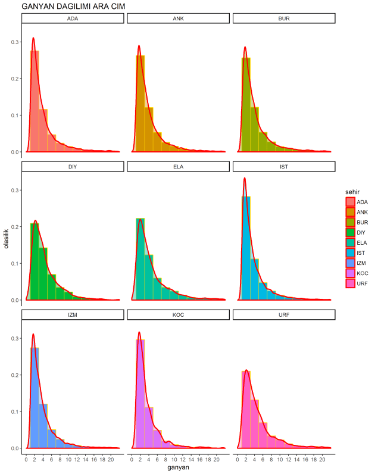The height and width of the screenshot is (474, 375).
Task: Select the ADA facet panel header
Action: pyautogui.click(x=73, y=18)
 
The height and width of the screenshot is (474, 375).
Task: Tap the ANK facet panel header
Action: pyautogui.click(x=178, y=18)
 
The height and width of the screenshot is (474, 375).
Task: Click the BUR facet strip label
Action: pyautogui.click(x=284, y=18)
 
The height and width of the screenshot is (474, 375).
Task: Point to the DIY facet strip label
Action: pyautogui.click(x=73, y=166)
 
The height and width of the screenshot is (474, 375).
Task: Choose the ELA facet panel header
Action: pyautogui.click(x=178, y=166)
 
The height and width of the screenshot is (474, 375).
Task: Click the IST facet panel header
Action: pyautogui.click(x=284, y=166)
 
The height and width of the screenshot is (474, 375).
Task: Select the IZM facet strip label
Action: pyautogui.click(x=73, y=314)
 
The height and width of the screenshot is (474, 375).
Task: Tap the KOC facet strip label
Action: pyautogui.click(x=178, y=314)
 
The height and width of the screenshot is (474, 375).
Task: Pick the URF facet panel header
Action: pyautogui.click(x=284, y=314)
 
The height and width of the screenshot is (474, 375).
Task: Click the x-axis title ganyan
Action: pyautogui.click(x=178, y=467)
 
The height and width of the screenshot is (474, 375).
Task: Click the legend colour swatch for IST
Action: pyautogui.click(x=351, y=252)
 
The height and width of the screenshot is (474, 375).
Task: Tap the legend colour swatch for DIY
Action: pyautogui.click(x=351, y=232)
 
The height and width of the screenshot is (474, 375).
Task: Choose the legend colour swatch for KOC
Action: pyautogui.click(x=351, y=273)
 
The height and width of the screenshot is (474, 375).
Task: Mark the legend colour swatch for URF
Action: pyautogui.click(x=351, y=283)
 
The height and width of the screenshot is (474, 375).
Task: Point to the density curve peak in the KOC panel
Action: pyautogui.click(x=139, y=332)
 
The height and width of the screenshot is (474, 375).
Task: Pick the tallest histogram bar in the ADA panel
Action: pyautogui.click(x=35, y=101)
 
